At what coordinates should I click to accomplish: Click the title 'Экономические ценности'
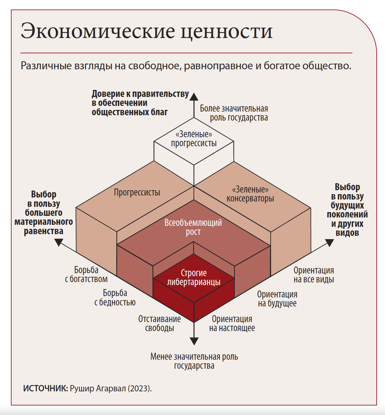pyautogui.click(x=147, y=31)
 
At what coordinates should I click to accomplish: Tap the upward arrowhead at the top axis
pyautogui.click(x=194, y=96)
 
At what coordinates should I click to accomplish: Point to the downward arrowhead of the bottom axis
pyautogui.click(x=194, y=341)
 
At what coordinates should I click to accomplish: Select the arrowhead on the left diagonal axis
pyautogui.click(x=59, y=242)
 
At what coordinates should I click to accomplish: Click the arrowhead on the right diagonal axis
pyautogui.click(x=329, y=243)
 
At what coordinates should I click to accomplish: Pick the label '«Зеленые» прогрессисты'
pyautogui.click(x=194, y=139)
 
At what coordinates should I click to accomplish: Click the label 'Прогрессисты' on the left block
pyautogui.click(x=137, y=193)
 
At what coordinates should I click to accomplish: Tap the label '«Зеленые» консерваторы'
pyautogui.click(x=250, y=194)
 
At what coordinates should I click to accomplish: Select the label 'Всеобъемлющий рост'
pyautogui.click(x=193, y=227)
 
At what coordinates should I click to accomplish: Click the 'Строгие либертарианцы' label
pyautogui.click(x=194, y=277)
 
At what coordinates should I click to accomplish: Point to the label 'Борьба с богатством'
pyautogui.click(x=86, y=274)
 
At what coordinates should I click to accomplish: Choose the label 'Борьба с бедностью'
pyautogui.click(x=115, y=297)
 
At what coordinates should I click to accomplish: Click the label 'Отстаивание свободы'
pyautogui.click(x=160, y=323)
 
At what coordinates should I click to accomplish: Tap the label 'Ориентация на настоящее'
pyautogui.click(x=232, y=323)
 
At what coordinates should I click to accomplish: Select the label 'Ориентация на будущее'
pyautogui.click(x=277, y=299)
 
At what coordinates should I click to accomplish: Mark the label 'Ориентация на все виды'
pyautogui.click(x=314, y=275)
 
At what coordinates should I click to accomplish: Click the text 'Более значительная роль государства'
pyautogui.click(x=234, y=113)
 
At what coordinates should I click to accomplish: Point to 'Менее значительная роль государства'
pyautogui.click(x=194, y=361)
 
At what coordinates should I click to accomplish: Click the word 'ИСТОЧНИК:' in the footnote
pyautogui.click(x=45, y=388)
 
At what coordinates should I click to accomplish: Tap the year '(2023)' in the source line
pyautogui.click(x=140, y=388)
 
